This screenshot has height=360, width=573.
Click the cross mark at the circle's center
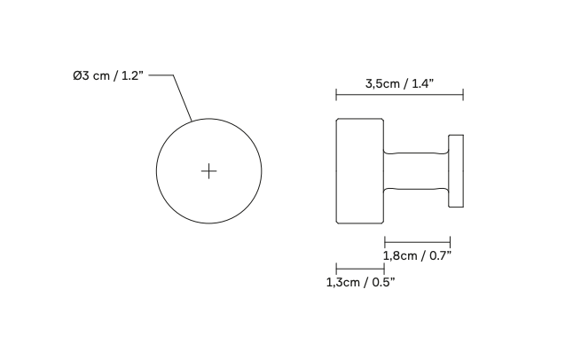(x=208, y=170)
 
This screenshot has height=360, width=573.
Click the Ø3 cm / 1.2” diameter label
(x=107, y=76)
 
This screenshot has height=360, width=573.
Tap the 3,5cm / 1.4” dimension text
(x=399, y=84)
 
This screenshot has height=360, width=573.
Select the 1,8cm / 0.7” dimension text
(x=417, y=255)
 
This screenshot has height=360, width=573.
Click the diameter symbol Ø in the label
(x=77, y=76)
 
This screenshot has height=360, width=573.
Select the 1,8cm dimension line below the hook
(x=417, y=240)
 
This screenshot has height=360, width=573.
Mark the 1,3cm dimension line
(x=359, y=268)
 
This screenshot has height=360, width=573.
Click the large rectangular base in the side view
(x=359, y=169)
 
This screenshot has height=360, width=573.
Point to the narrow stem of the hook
(x=416, y=169)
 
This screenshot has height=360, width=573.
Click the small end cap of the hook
(x=457, y=171)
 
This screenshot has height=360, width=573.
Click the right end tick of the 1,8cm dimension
(x=450, y=240)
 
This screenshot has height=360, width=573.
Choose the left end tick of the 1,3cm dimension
(x=336, y=268)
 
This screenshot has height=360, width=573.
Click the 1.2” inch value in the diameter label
(x=128, y=76)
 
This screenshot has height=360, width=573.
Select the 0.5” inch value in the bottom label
(x=381, y=282)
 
